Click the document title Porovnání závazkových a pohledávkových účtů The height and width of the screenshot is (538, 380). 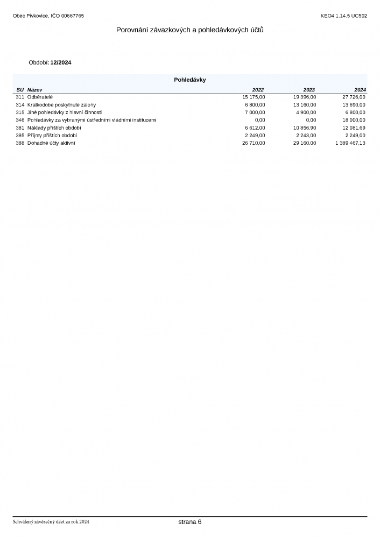click(x=189, y=30)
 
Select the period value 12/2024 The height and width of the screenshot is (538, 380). click(x=60, y=62)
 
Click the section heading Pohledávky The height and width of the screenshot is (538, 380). click(x=189, y=80)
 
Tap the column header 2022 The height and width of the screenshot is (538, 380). click(x=258, y=89)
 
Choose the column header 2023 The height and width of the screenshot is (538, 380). click(x=309, y=89)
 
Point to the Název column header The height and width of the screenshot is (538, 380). click(x=35, y=89)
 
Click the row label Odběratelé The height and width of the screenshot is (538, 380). click(x=40, y=97)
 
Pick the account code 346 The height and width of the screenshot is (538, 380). click(x=20, y=120)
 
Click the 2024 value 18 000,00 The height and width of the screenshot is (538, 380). click(x=354, y=120)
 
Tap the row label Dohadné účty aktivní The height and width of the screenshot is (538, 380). click(x=51, y=143)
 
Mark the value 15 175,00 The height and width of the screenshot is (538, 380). click(x=254, y=97)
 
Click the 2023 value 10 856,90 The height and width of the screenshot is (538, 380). click(x=305, y=128)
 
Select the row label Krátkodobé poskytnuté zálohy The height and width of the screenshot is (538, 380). click(x=61, y=104)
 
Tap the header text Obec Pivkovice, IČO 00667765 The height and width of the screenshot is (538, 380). click(x=48, y=16)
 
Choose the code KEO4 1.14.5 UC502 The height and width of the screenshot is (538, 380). click(x=343, y=16)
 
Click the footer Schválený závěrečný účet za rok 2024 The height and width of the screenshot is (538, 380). click(x=51, y=522)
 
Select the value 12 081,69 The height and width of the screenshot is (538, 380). click(x=354, y=128)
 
